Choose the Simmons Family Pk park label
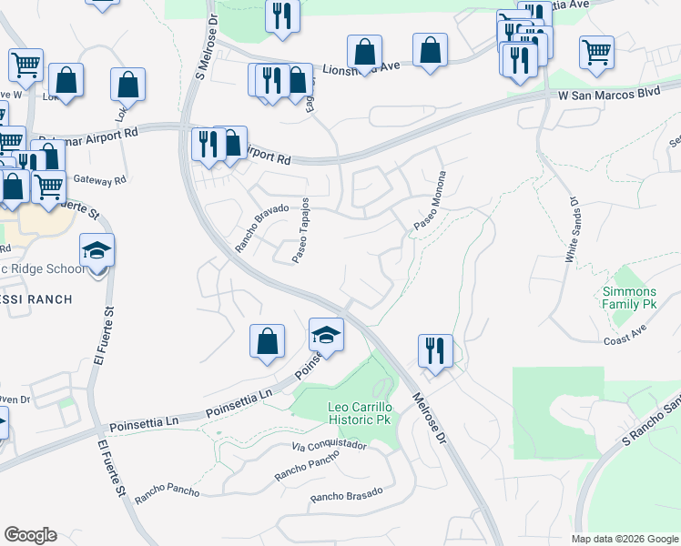[x=628, y=298]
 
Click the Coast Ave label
[x=624, y=340]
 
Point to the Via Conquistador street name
[x=330, y=446]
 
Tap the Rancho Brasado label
[x=346, y=495]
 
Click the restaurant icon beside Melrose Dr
[x=435, y=350]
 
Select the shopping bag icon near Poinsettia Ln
[x=267, y=341]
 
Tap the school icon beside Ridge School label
[x=97, y=250]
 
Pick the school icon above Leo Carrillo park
[x=326, y=334]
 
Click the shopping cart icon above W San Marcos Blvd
[x=597, y=52]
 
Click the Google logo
[x=30, y=535]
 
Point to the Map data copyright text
[x=625, y=539]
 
